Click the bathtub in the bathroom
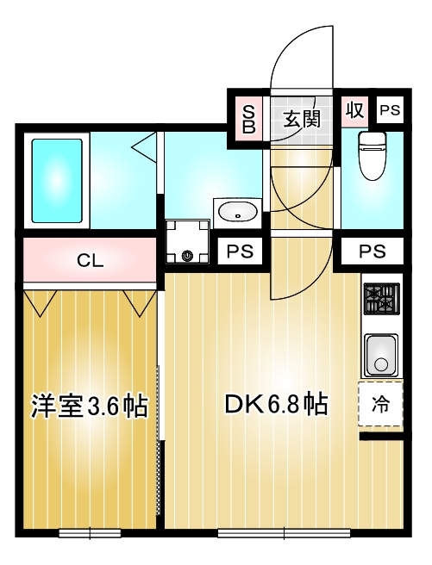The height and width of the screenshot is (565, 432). [x=57, y=180]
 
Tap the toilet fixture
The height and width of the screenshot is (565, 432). [x=372, y=156]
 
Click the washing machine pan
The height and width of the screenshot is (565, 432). [x=188, y=242]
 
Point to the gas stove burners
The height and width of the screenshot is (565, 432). [x=379, y=300]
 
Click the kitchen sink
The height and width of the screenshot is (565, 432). [x=379, y=354]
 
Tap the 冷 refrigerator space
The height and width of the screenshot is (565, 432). [x=380, y=402]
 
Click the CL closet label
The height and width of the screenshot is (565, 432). [x=90, y=260]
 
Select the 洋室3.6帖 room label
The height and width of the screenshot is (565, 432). [x=90, y=406]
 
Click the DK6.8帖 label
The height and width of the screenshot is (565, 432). [x=275, y=404]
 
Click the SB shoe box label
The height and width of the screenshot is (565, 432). [x=248, y=117]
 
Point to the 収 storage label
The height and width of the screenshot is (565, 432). [x=354, y=110]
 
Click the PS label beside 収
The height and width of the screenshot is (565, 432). [x=390, y=110]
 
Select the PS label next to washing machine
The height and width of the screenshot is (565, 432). [x=239, y=252]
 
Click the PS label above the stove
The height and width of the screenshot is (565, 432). [x=372, y=252]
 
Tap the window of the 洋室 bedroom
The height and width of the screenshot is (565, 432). [x=89, y=533]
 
